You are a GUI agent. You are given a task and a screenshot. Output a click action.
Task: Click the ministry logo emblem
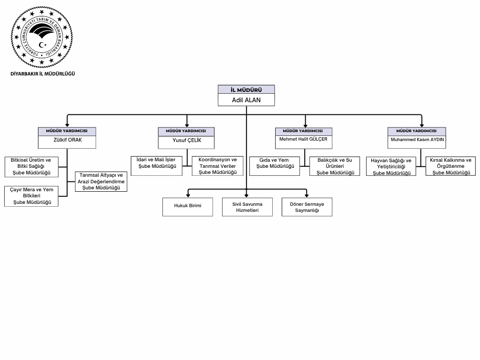pos(42,37)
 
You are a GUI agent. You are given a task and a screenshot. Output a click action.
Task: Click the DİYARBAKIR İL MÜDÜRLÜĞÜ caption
pos(43,74)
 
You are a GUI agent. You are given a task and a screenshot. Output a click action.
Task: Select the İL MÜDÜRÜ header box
pos(246,90)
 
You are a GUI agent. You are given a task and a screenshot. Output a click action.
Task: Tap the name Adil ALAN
pos(246,100)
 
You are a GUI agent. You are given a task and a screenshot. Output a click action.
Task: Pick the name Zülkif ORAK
pos(67,140)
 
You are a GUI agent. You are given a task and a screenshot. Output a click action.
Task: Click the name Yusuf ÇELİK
pos(187,141)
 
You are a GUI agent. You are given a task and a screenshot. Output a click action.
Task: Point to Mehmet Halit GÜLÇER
pos(303,139)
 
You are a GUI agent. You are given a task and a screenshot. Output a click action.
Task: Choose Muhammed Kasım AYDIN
pos(417,140)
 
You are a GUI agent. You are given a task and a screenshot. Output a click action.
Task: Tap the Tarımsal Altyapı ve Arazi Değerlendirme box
pos(101,181)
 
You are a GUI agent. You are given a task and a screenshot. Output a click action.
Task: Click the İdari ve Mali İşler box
pos(157,163)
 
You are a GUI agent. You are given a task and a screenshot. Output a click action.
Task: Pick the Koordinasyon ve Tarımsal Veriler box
pos(217,166)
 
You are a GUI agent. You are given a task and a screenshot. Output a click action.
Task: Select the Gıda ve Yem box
pos(275,163)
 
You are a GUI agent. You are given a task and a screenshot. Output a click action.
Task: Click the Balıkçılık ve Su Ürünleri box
pos(335,166)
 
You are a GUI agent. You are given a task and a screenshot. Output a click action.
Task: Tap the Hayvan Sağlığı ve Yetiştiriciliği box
pos(391,166)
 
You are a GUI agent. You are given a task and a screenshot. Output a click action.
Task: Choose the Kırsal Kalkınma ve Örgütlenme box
pos(450,166)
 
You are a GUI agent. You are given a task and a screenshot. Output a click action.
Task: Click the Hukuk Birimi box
pos(187,206)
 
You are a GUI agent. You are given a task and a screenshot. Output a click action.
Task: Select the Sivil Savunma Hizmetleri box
pos(247,207)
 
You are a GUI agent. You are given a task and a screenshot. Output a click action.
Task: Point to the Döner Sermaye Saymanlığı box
pos(307,207)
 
